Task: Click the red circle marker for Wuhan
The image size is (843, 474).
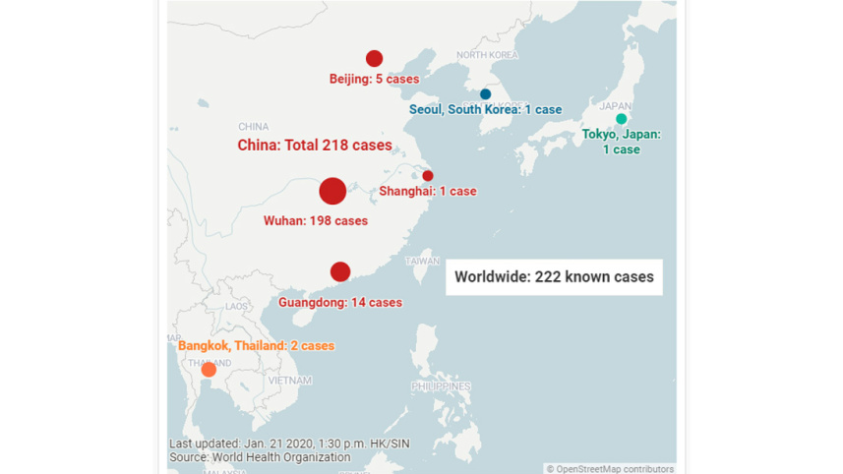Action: pyautogui.click(x=332, y=191)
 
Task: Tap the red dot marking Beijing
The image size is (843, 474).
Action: pyautogui.click(x=374, y=59)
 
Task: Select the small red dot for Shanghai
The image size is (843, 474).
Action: pyautogui.click(x=428, y=176)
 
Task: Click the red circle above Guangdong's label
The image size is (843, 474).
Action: pyautogui.click(x=340, y=271)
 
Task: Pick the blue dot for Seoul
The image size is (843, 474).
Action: pyautogui.click(x=485, y=94)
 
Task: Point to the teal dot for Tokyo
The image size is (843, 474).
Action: pyautogui.click(x=621, y=119)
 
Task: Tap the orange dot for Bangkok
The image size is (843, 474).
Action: pyautogui.click(x=209, y=370)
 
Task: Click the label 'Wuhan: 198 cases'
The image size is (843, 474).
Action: pyautogui.click(x=316, y=221)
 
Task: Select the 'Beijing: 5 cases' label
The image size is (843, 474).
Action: pyautogui.click(x=374, y=79)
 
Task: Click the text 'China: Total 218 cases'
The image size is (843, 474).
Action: pyautogui.click(x=315, y=146)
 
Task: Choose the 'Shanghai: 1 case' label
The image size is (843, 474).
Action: pyautogui.click(x=428, y=192)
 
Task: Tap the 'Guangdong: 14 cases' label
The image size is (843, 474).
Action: pyautogui.click(x=340, y=303)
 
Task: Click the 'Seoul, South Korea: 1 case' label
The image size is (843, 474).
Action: pyautogui.click(x=485, y=110)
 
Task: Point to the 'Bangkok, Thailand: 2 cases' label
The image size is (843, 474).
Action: pyautogui.click(x=256, y=346)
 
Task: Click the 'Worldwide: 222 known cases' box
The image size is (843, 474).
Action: pyautogui.click(x=554, y=277)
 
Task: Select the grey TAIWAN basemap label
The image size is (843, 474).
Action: pyautogui.click(x=423, y=262)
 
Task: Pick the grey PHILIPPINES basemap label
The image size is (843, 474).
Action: pyautogui.click(x=441, y=386)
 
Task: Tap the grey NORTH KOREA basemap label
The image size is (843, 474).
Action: pyautogui.click(x=487, y=55)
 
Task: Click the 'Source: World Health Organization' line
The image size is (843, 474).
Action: pyautogui.click(x=260, y=457)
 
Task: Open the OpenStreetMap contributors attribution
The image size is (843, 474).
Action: pyautogui.click(x=610, y=469)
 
